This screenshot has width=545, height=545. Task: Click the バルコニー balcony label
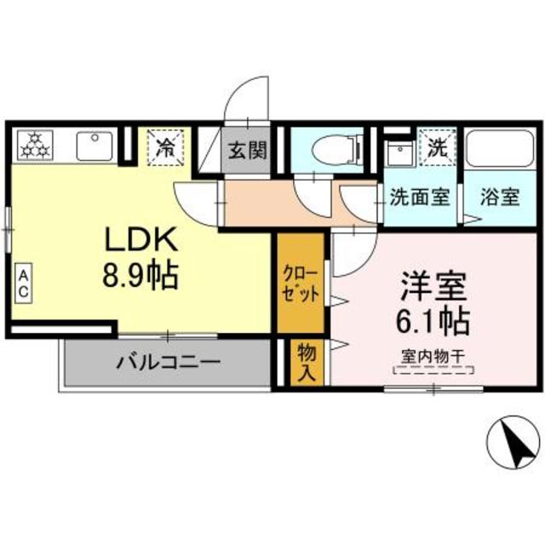[x=168, y=361]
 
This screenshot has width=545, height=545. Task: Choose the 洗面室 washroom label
[x=419, y=198]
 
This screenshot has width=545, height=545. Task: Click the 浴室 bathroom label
[x=498, y=198]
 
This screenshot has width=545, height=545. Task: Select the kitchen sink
[x=95, y=146]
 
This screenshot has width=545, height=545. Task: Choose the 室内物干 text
[x=432, y=358]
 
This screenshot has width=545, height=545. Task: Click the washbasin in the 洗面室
[x=399, y=154]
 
